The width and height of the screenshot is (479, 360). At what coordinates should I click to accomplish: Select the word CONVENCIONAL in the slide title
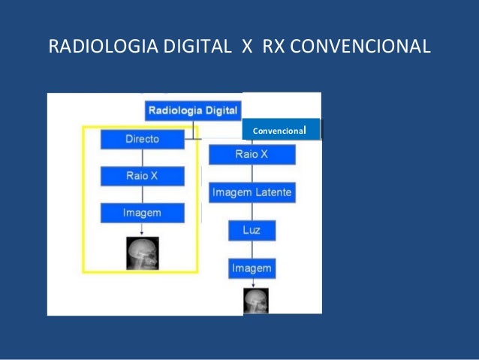(x=360, y=47)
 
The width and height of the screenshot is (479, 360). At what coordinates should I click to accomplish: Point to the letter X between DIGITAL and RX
(x=246, y=47)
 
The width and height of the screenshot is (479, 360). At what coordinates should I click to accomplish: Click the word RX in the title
(x=274, y=47)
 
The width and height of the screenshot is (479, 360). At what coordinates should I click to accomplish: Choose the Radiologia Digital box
(x=193, y=110)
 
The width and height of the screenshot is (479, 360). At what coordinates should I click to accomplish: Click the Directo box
(x=142, y=139)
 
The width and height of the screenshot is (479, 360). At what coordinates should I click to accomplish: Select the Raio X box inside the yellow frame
(x=142, y=176)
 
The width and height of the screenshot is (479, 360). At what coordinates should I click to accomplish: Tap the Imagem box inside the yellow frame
(x=142, y=213)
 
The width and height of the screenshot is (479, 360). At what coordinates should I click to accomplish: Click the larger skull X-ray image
(x=142, y=253)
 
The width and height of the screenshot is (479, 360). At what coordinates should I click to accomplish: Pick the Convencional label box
(x=281, y=130)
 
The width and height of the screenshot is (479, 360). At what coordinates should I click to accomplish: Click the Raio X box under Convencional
(x=252, y=155)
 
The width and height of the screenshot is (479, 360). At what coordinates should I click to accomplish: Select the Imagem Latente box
(x=252, y=193)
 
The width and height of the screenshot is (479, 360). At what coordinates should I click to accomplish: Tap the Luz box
(x=252, y=230)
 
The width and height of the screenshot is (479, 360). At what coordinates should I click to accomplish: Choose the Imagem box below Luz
(x=252, y=268)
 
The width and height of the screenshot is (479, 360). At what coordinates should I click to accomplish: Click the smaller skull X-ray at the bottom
(x=255, y=301)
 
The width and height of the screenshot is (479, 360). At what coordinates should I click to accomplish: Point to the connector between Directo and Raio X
(x=142, y=157)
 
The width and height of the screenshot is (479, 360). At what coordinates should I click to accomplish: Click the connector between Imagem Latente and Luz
(x=252, y=211)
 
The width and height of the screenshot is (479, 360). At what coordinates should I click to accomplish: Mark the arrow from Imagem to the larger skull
(x=142, y=229)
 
